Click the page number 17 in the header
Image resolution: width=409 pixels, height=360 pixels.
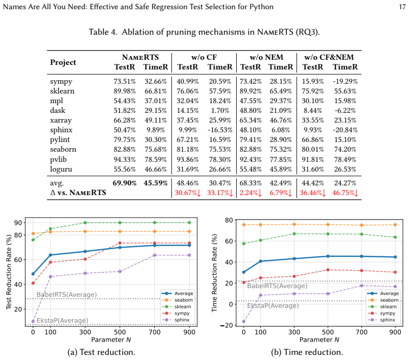coord(402,7)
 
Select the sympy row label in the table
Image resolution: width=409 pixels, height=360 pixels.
coord(61,82)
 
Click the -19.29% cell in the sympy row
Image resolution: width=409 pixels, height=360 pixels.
coord(345,82)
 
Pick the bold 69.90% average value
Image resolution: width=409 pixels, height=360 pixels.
coord(124,183)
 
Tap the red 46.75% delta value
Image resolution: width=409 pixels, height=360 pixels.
coord(345,193)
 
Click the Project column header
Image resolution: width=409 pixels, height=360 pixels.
coord(63,62)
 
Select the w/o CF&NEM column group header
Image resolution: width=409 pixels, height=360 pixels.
coord(329,57)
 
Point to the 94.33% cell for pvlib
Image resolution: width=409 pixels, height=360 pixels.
coord(124,159)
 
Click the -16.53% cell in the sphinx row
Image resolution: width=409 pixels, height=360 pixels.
coord(220,130)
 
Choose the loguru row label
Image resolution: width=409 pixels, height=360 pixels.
coord(61,170)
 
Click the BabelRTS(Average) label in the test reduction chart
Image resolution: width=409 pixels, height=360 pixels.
coord(66,295)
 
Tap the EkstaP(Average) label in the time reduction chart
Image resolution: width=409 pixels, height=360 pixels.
coord(273,305)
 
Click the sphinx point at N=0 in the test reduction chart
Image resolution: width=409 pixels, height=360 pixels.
coord(33,322)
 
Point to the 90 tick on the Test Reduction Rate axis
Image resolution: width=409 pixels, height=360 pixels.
coord(18,223)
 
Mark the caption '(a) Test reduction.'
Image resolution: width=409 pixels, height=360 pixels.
coord(101,352)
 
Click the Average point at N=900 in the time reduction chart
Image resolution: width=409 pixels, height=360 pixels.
coord(395,257)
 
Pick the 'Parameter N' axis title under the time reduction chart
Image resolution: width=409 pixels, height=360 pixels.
coord(319,340)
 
